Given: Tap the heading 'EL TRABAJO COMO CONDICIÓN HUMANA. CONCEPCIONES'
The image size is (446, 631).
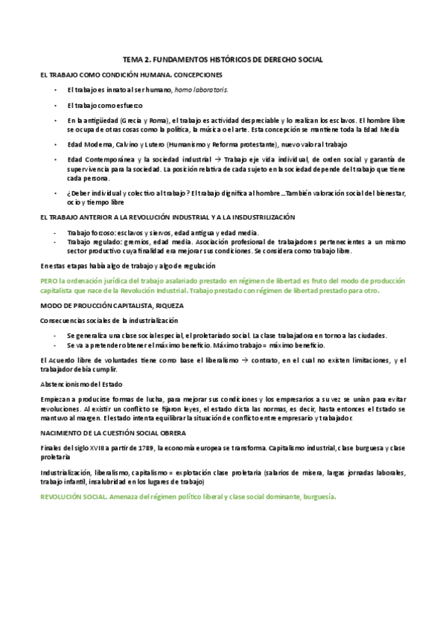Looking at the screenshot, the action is [130, 74].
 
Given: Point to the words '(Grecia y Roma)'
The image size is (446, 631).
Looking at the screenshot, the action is [147, 121].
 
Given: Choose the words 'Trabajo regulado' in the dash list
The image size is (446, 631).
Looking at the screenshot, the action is [92, 242].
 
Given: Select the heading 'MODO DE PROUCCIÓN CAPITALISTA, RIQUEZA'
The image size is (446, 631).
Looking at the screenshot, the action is [112, 305].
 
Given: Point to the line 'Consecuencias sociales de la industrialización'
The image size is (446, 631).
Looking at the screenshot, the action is [109, 320].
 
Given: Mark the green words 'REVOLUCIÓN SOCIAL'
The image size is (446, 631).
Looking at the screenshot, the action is [75, 496].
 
